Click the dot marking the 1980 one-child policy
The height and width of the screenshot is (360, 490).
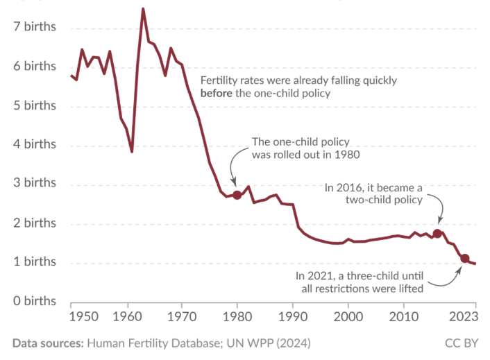click(237, 195)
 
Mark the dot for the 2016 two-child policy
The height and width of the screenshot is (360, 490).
click(437, 234)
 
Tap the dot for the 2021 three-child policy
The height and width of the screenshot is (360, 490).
click(465, 259)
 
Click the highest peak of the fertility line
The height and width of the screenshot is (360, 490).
click(143, 9)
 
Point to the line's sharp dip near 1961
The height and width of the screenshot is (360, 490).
click(132, 151)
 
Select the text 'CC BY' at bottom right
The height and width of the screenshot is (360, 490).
click(461, 343)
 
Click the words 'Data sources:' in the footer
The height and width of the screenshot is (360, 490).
click(47, 343)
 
